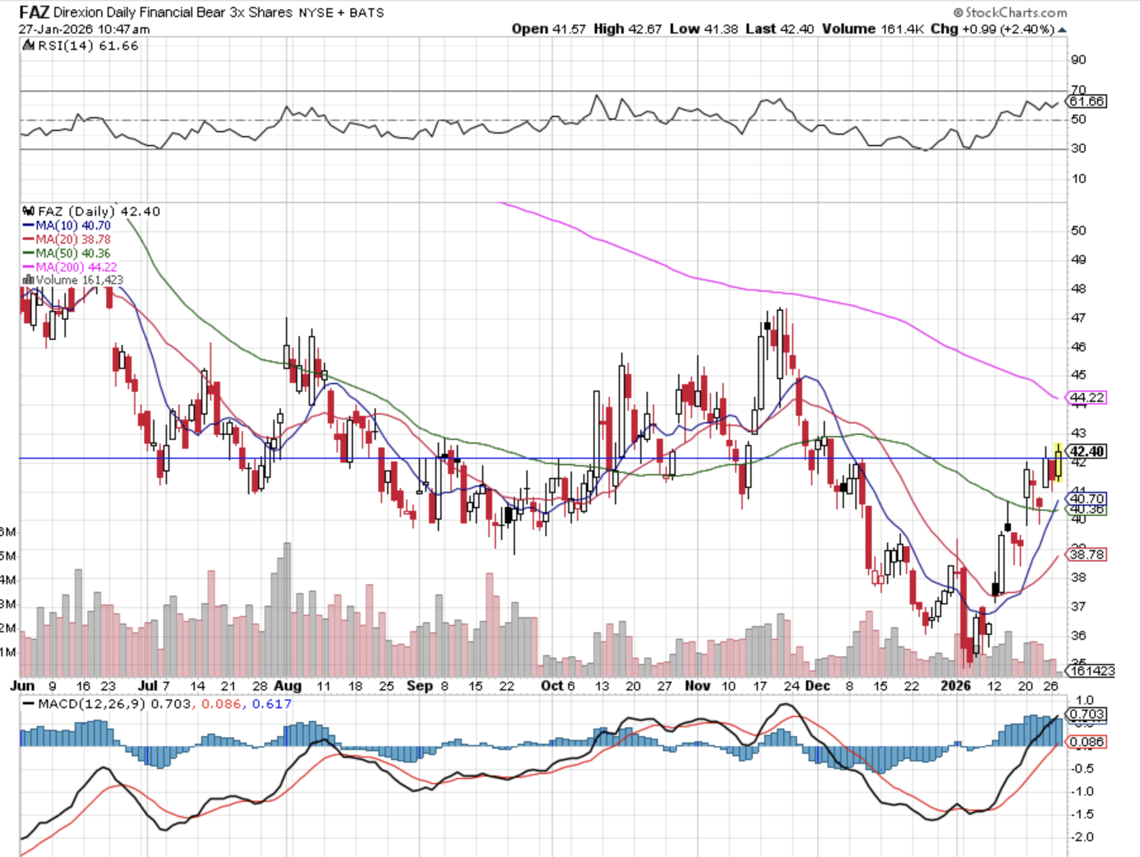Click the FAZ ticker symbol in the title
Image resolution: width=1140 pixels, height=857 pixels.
[x=34, y=12]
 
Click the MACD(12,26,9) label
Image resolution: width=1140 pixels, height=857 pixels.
[x=92, y=704]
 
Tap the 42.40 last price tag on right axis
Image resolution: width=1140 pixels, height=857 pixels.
[x=1086, y=451]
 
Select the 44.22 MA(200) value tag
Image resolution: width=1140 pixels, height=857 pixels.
[x=1087, y=397]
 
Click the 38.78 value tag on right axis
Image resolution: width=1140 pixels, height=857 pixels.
[x=1087, y=554]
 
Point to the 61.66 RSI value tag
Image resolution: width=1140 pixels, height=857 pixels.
[x=1087, y=101]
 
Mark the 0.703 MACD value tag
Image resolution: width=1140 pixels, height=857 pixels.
[x=1087, y=714]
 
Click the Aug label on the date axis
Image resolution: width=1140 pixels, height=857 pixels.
[x=288, y=686]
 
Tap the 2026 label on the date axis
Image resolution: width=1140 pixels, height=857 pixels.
[x=955, y=686]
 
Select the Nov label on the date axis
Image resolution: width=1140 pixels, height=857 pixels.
[x=697, y=686]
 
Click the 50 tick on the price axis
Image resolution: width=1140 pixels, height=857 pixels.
[x=1078, y=230]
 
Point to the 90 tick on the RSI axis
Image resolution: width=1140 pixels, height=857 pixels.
[x=1078, y=59]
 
